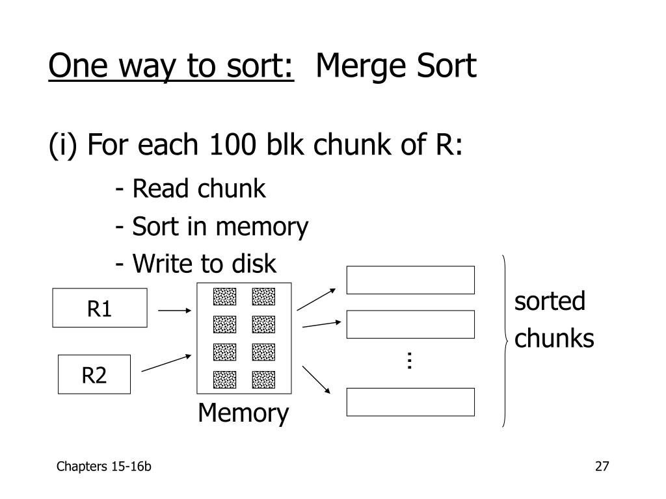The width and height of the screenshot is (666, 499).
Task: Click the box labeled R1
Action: pos(100,308)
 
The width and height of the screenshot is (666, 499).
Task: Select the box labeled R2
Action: pos(94,374)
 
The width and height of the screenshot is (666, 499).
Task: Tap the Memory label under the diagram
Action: pos(244,413)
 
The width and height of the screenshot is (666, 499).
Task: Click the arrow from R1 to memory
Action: pos(174,311)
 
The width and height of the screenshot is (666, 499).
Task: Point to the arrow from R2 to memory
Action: pos(166,363)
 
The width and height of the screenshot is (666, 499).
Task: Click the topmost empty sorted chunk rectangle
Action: pos(410,280)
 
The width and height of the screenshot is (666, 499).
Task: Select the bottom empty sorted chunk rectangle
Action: pos(410,402)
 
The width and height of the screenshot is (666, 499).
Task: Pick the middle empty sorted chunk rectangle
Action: pos(410,325)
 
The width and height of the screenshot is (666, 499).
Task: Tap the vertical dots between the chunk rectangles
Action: pos(410,361)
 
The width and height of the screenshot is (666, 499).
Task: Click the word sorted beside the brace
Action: pos(550,301)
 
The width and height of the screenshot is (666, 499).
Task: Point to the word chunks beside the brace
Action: pos(554,339)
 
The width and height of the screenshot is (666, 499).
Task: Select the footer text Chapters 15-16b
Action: pos(104,466)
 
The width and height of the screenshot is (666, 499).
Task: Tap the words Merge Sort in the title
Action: pos(396,67)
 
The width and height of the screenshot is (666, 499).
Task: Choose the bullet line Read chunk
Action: pos(191,189)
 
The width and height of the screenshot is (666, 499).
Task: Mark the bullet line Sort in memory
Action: pos(211,227)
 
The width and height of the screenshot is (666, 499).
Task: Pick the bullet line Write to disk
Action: pos(196,264)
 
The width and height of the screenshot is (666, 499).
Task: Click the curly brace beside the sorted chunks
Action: pos(505,340)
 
